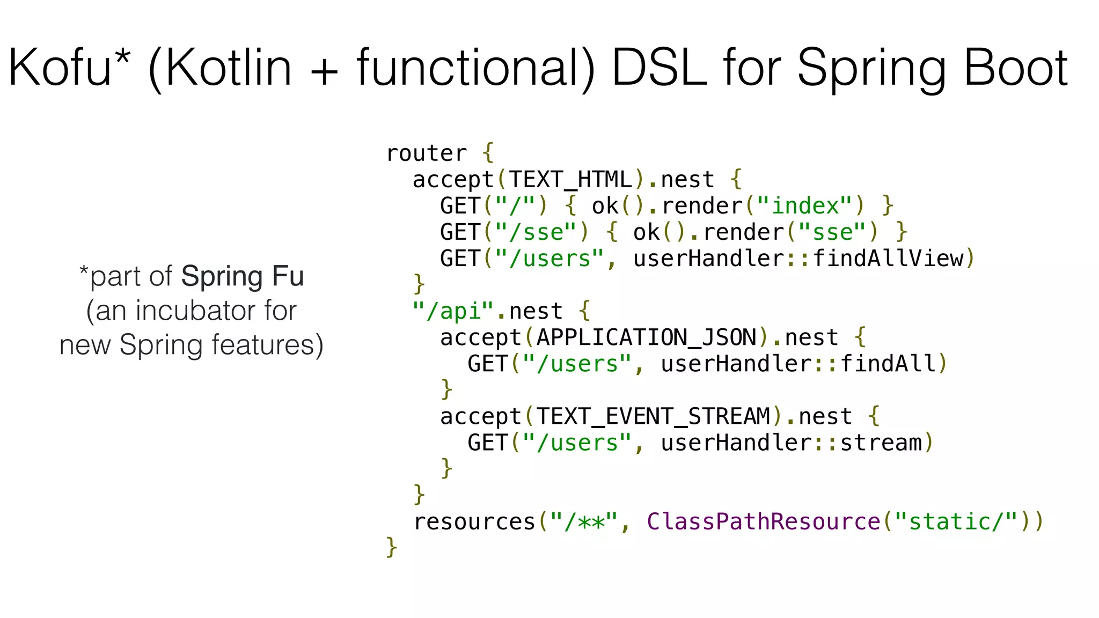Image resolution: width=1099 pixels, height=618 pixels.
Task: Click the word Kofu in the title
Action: click(x=59, y=68)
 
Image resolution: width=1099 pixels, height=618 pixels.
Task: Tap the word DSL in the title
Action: click(x=659, y=68)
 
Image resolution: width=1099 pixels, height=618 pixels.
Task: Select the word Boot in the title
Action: click(x=1016, y=68)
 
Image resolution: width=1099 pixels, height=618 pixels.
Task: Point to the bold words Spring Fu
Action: click(x=243, y=277)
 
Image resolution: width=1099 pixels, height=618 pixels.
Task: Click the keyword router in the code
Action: click(x=427, y=154)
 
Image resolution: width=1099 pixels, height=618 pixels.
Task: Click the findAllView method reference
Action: click(x=888, y=259)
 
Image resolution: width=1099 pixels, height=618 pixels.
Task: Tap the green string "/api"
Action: click(x=453, y=311)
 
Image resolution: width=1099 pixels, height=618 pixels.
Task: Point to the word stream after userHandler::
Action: click(x=881, y=443)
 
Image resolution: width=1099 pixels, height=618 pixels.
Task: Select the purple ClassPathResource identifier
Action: click(x=763, y=522)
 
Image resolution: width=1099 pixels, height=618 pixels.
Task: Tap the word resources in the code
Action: click(x=474, y=522)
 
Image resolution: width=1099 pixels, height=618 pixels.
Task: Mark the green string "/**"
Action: click(x=584, y=522)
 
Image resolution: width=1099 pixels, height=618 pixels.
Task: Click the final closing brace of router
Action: click(x=392, y=548)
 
